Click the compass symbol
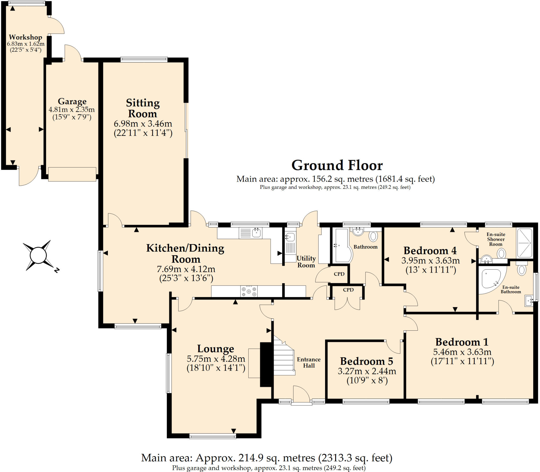click(x=38, y=255)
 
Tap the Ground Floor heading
click(x=337, y=165)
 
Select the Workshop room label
click(x=26, y=37)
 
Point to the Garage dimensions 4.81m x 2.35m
click(x=72, y=109)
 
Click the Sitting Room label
click(x=143, y=108)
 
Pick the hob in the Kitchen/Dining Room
click(x=249, y=291)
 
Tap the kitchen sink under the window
click(x=250, y=233)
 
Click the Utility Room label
click(x=306, y=262)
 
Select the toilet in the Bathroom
click(x=373, y=236)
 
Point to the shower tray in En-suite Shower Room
click(x=524, y=243)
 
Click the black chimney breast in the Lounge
click(x=266, y=364)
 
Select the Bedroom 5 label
click(x=367, y=361)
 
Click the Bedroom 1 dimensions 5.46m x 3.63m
click(x=462, y=352)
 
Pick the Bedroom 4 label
click(x=430, y=251)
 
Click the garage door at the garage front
click(x=72, y=174)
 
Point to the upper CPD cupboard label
click(x=339, y=274)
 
